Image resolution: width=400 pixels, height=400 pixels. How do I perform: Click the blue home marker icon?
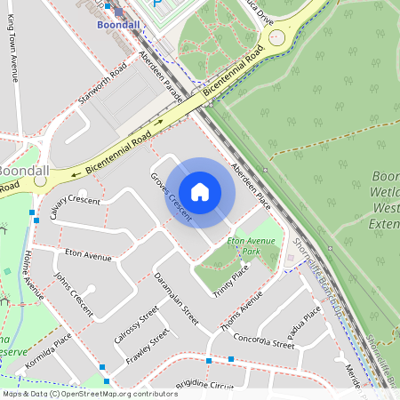tap(200, 192)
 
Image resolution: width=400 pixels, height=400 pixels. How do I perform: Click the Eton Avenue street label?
tap(88, 256)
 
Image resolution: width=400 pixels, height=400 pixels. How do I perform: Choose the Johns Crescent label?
tap(74, 292)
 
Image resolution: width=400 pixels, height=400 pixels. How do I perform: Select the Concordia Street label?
tap(263, 340)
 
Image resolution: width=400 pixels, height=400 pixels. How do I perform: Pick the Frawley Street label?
tap(148, 349)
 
